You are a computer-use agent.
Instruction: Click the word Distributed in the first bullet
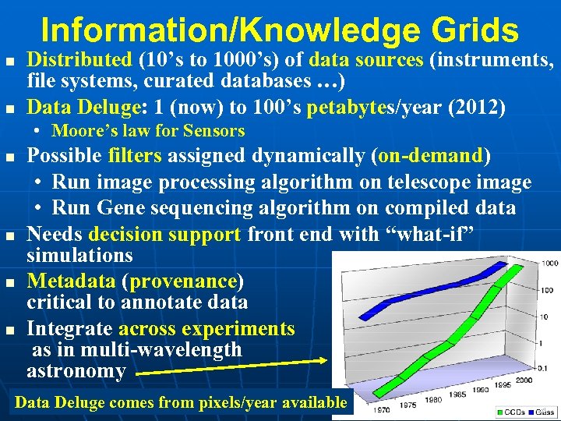(x=79, y=59)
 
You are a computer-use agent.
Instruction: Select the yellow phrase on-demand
(x=429, y=155)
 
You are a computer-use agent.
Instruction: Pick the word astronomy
(x=76, y=371)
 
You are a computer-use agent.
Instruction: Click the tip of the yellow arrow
(x=328, y=359)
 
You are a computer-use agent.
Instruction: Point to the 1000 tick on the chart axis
(x=550, y=264)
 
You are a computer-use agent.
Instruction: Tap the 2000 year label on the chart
(x=523, y=380)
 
